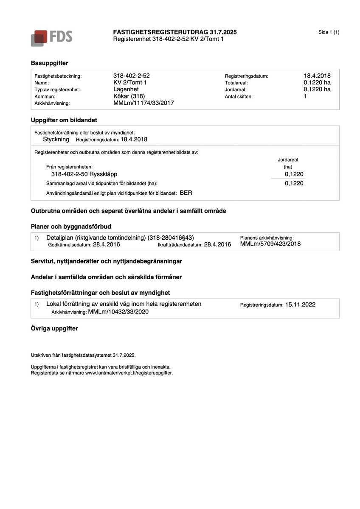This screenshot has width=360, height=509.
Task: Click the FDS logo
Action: coord(51,37)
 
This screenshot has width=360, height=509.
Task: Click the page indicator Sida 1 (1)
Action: coord(329,32)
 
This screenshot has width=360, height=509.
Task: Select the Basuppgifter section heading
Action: coord(49,63)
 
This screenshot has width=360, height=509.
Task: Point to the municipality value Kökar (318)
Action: coord(129,96)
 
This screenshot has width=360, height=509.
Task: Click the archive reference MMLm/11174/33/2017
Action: coord(143,103)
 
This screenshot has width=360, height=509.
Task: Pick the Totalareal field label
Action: coord(236,83)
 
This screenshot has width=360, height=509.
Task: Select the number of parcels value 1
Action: coord(305,96)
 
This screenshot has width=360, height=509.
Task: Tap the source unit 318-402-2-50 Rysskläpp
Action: coord(84,174)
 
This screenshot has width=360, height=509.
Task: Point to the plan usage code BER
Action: coord(186,193)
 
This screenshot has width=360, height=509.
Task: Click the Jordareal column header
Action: coord(288,159)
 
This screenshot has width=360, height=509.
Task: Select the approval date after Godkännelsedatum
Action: coord(107,244)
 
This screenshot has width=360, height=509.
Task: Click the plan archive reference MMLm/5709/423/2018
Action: coord(270,244)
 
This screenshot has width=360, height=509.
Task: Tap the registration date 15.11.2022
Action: coord(300,305)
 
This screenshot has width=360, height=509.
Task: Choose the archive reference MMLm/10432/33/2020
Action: coord(118,312)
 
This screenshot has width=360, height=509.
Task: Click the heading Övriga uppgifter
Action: coord(54,328)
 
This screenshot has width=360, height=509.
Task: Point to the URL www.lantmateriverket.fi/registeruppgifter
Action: coord(129,373)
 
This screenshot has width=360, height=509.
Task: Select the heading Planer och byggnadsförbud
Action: coord(71,227)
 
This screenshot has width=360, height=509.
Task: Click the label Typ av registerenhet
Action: coord(57,89)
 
